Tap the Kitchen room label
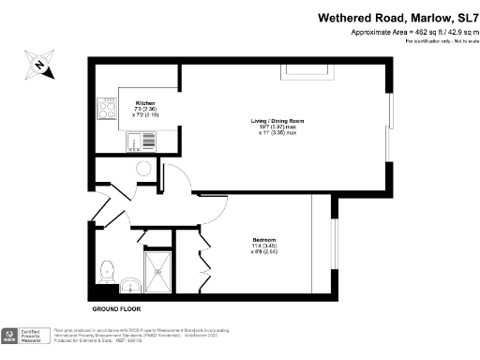pos(144,102)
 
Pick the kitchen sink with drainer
pos(142,142)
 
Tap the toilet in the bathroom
pos(106,267)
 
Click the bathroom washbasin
pos(130,284)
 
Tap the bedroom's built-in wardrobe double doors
pos(203,262)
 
